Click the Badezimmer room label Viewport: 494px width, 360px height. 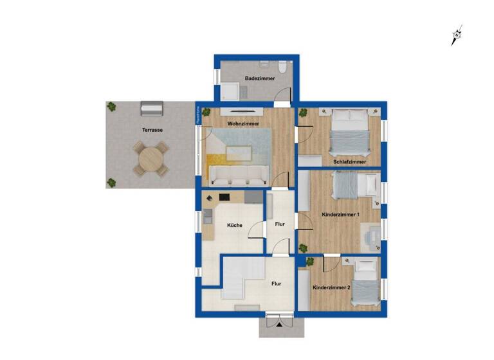pyautogui.click(x=259, y=78)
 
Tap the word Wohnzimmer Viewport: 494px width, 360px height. pyautogui.click(x=225, y=122)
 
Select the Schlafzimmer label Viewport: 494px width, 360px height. pyautogui.click(x=349, y=162)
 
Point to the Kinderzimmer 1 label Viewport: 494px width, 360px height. pyautogui.click(x=340, y=214)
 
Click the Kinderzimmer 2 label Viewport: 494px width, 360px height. pyautogui.click(x=331, y=288)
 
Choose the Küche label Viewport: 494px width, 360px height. pyautogui.click(x=233, y=225)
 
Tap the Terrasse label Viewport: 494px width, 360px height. pyautogui.click(x=152, y=130)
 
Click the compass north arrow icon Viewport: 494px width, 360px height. pyautogui.click(x=457, y=35)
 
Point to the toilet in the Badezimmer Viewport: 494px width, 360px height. pyautogui.click(x=281, y=66)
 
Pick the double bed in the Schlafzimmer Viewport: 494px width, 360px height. pyautogui.click(x=349, y=133)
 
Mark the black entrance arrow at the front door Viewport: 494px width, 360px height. pyautogui.click(x=279, y=325)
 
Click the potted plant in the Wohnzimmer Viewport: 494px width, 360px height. pyautogui.click(x=206, y=113)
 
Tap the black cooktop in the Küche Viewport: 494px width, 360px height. pyautogui.click(x=224, y=197)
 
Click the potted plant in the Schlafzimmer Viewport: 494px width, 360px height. pyautogui.click(x=303, y=114)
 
